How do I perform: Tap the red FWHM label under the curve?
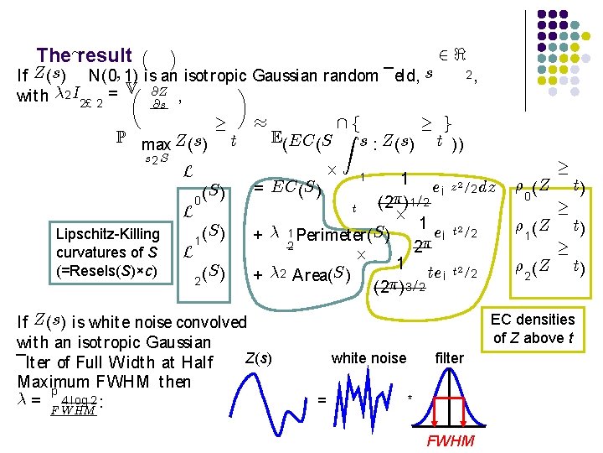coord(451,441)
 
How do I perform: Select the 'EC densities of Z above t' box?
coord(533,328)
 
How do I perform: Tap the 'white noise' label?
coord(368,358)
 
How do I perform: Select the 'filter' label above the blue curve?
coord(449,358)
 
